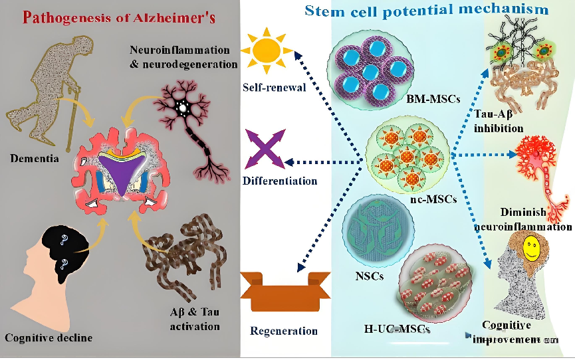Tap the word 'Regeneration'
(284, 331)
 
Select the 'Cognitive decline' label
(49, 337)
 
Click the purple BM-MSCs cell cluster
(370, 69)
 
